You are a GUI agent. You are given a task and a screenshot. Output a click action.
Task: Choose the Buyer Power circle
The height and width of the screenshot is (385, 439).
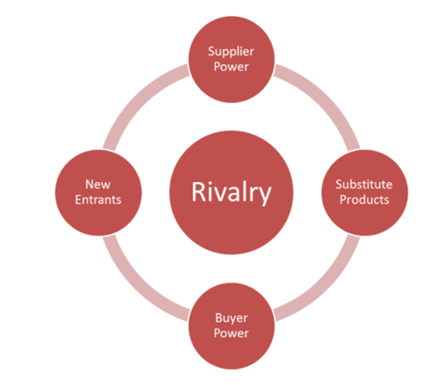coord(231,325)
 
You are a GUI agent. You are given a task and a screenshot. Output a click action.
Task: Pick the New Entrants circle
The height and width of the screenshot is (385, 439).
coord(97,192)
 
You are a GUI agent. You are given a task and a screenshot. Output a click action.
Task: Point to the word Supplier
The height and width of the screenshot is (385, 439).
coord(231,50)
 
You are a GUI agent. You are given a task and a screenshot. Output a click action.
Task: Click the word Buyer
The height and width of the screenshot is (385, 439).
coord(231,318)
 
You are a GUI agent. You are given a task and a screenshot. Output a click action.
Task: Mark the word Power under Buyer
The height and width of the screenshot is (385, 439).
coord(231,333)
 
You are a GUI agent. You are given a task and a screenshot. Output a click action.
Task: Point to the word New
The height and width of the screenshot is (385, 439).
coord(97,185)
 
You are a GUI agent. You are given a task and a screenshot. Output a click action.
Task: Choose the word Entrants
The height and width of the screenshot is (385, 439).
coord(97,200)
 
